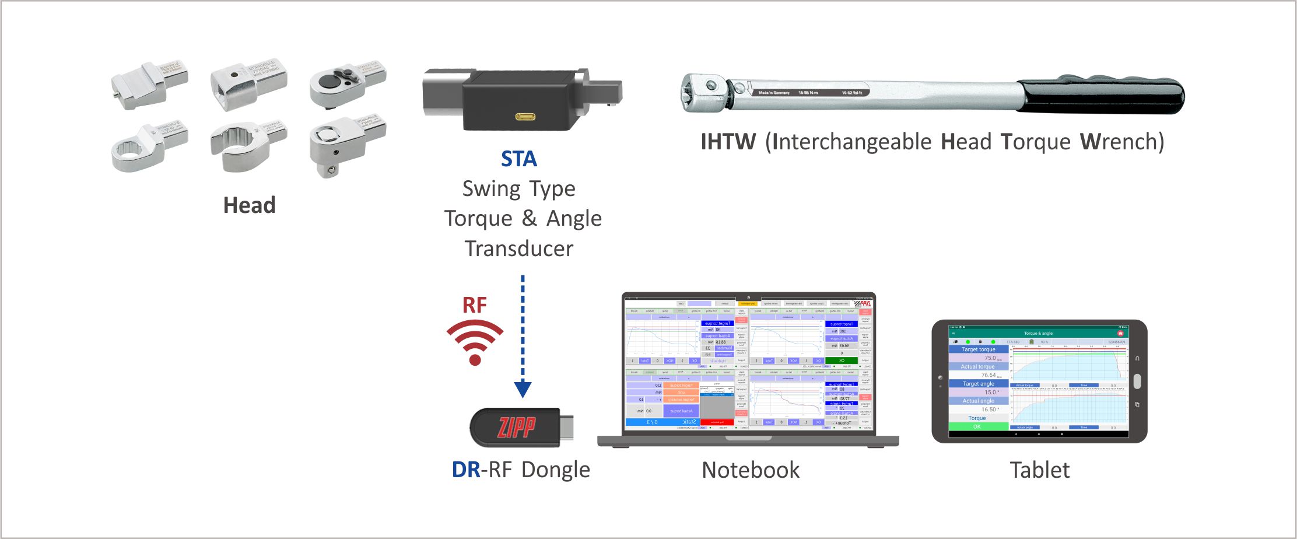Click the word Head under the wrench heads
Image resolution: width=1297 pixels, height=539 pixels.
[x=249, y=205]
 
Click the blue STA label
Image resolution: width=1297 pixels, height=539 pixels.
[x=518, y=159]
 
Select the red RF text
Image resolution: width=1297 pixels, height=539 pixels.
[x=474, y=304]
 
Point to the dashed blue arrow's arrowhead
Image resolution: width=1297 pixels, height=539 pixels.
[x=523, y=389]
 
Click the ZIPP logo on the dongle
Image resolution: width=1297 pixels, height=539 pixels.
[x=516, y=428]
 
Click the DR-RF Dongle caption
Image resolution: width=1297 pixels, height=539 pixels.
[x=521, y=470]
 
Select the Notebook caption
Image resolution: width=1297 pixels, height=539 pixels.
[x=751, y=470]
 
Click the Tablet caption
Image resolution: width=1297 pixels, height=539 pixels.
[x=1040, y=470]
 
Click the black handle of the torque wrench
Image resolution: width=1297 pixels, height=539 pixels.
[x=1102, y=94]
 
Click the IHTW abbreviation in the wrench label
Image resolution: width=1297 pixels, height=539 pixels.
[x=728, y=142]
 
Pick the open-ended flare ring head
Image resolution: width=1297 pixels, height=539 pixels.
[x=245, y=146]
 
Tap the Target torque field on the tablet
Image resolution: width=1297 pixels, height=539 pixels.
[x=978, y=349]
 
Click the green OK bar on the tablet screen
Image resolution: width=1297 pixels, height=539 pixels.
[x=977, y=426]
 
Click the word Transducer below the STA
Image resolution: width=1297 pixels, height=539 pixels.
[x=519, y=249]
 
